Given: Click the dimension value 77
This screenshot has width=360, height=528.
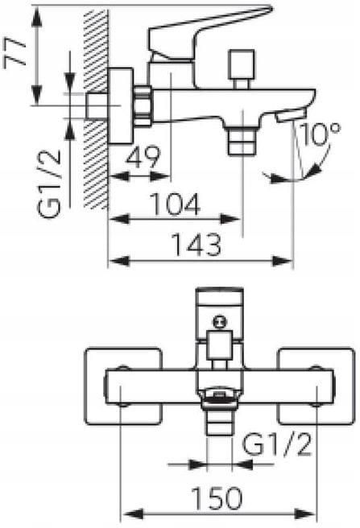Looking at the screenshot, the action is [14, 52].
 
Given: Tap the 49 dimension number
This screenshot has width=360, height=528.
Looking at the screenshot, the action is [143, 157].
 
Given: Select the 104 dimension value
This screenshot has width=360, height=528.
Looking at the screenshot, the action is [175, 204].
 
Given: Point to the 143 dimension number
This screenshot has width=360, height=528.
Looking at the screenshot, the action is [197, 244].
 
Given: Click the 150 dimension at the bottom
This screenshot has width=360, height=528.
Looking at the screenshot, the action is [217, 498].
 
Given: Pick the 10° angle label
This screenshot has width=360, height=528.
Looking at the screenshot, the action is [320, 134].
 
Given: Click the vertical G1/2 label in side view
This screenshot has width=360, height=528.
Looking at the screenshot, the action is [50, 184].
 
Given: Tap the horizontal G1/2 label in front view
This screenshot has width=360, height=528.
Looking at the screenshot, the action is [277, 445].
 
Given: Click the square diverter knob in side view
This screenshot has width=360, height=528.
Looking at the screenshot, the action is [242, 69].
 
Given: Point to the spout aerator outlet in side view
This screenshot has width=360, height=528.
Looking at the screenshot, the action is [290, 116].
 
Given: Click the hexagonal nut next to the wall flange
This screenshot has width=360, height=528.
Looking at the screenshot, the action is [143, 105].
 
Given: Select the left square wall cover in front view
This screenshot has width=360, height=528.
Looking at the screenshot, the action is [123, 386].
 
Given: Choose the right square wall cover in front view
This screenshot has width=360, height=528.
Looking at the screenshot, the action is [316, 386].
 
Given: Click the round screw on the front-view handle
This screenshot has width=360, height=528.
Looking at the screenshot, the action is [219, 322].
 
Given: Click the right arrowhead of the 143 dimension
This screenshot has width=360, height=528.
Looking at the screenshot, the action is [282, 261].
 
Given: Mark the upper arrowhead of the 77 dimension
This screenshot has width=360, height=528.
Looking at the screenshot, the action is [37, 17].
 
